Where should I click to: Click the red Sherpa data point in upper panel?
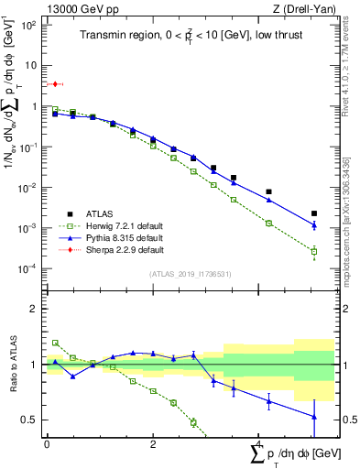point(55,84)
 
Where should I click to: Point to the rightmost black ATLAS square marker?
point(314,213)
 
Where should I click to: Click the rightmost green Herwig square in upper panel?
point(314,251)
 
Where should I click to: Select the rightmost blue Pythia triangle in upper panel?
point(314,225)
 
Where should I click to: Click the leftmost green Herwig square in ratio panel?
point(55,343)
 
